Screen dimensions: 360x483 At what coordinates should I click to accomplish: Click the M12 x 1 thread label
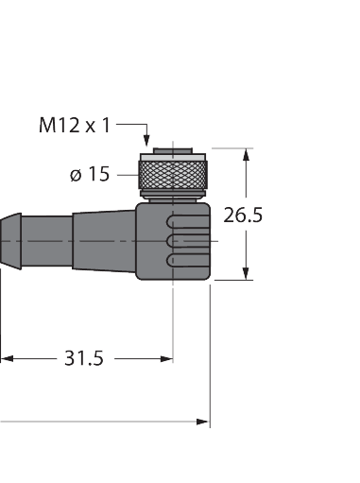coord(75,125)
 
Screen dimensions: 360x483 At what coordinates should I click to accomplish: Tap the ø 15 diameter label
coord(90,174)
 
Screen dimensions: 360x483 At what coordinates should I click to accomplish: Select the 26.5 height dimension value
coord(243,216)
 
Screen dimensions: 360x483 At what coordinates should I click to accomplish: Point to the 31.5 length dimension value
coord(84,358)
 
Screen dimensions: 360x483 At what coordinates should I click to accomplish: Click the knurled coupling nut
coord(173,175)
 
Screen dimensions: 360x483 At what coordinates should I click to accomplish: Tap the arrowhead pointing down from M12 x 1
coord(146,140)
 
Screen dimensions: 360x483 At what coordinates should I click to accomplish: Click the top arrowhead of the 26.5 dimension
coord(246,155)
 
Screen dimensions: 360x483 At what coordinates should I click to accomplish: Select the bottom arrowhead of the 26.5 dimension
coord(246,273)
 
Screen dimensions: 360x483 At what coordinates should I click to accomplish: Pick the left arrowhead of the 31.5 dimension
coord(7,358)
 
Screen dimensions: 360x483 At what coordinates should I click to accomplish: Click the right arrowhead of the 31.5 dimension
coord(166,358)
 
